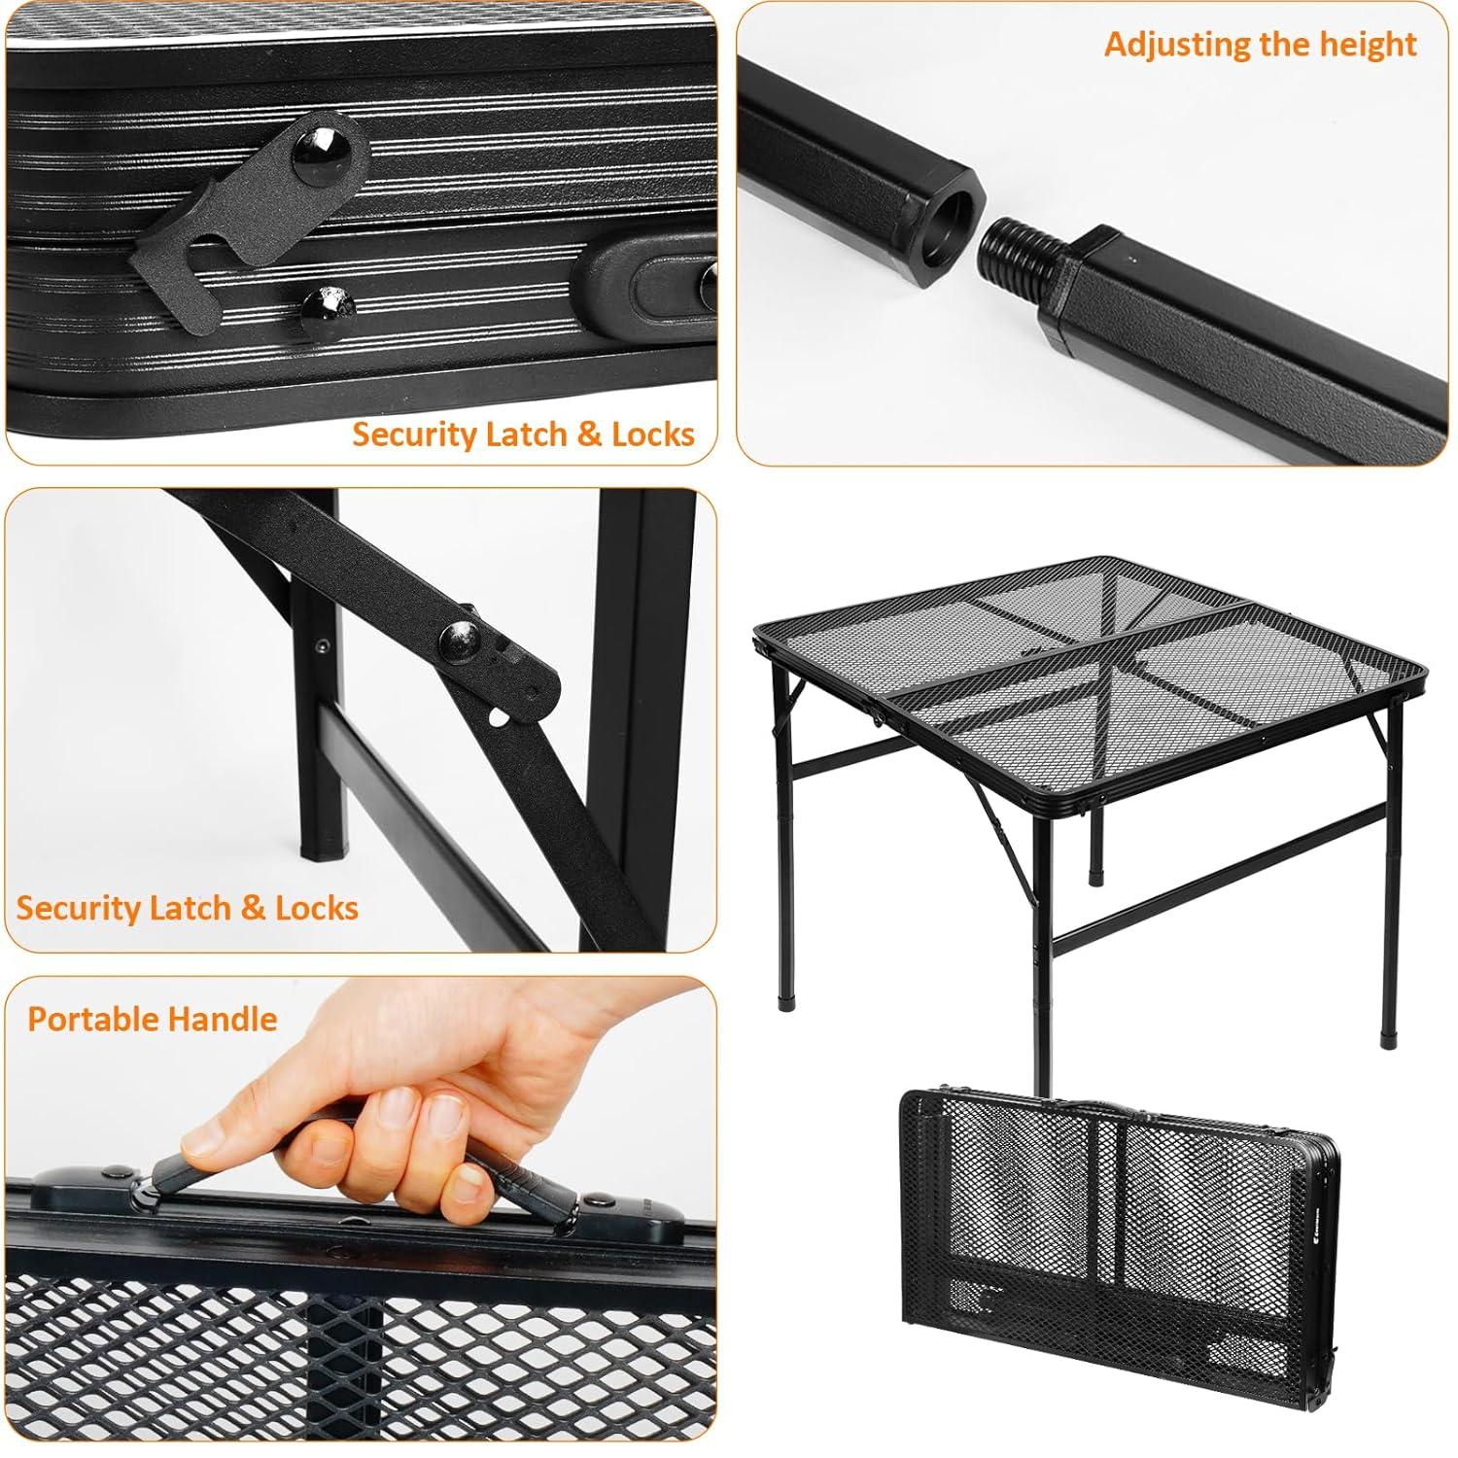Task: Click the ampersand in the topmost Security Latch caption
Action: click(589, 434)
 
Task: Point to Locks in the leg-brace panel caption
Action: click(317, 908)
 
